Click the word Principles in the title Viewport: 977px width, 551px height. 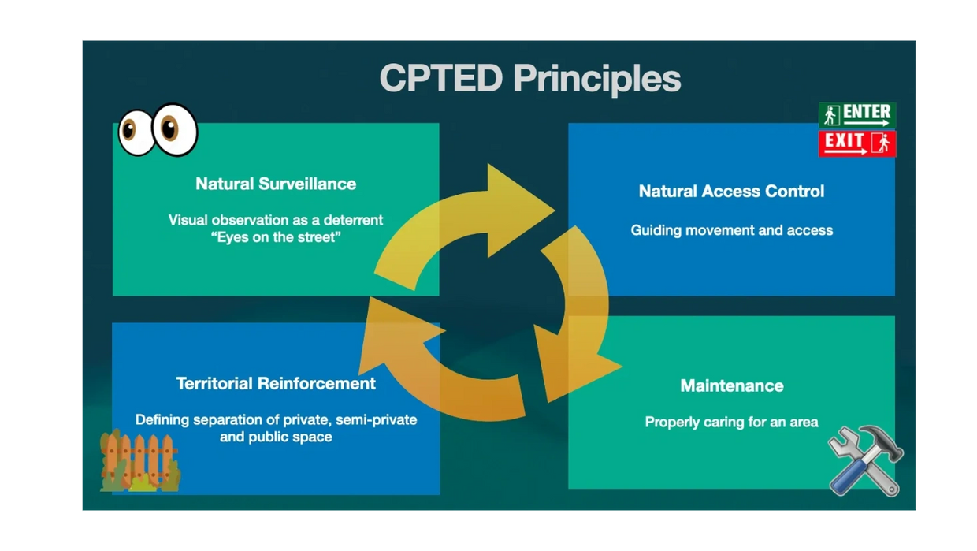pyautogui.click(x=596, y=79)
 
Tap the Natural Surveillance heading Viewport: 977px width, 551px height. pyautogui.click(x=276, y=184)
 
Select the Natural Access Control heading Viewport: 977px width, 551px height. pyautogui.click(x=731, y=191)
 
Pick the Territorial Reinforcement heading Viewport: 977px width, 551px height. pyautogui.click(x=276, y=383)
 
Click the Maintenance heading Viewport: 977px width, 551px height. pyautogui.click(x=731, y=385)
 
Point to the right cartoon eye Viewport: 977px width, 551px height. pyautogui.click(x=174, y=128)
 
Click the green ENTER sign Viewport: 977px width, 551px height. pyautogui.click(x=856, y=115)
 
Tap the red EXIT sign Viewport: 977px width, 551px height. pyautogui.click(x=856, y=143)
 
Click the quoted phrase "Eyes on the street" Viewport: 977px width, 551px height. pyautogui.click(x=276, y=236)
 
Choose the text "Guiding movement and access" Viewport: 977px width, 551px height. pyautogui.click(x=731, y=230)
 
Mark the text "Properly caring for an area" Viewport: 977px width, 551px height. pyautogui.click(x=731, y=422)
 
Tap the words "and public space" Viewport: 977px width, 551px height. pyautogui.click(x=276, y=437)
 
